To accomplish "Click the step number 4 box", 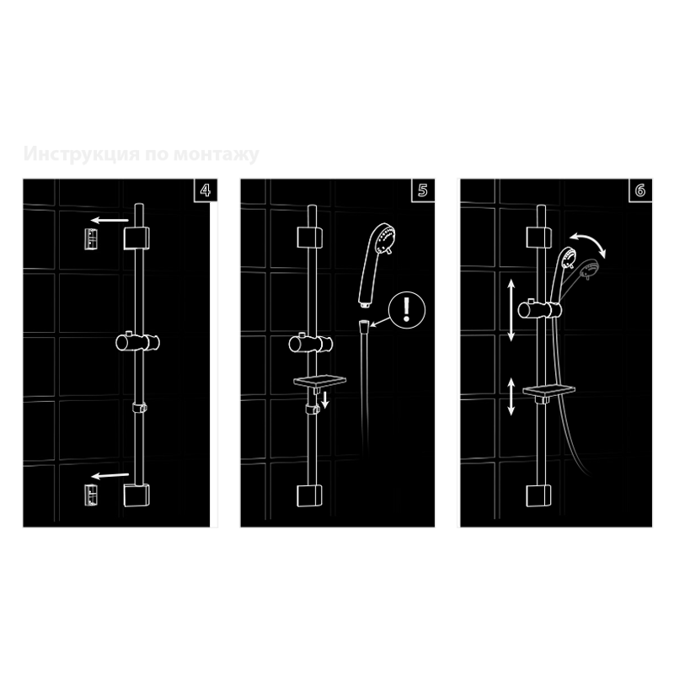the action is [206, 190].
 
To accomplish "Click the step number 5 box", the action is [423, 190].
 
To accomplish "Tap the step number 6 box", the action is [640, 190].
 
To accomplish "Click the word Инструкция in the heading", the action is [81, 154].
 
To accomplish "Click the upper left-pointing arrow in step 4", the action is [110, 221].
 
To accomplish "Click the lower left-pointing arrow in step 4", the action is [110, 475].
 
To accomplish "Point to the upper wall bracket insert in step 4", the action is [91, 239].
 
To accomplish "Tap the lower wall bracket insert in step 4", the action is [91, 495].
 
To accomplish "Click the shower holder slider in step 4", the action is [137, 342].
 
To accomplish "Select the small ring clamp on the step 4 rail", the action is [139, 407].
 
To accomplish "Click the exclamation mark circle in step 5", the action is [407, 310].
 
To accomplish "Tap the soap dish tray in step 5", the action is [320, 381].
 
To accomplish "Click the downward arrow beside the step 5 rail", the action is [325, 399].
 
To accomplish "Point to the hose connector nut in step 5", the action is [364, 325].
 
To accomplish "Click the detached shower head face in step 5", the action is [386, 239].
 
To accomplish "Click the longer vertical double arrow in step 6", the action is [511, 310].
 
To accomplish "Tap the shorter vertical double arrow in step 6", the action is [511, 397].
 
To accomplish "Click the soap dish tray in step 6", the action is [549, 391].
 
